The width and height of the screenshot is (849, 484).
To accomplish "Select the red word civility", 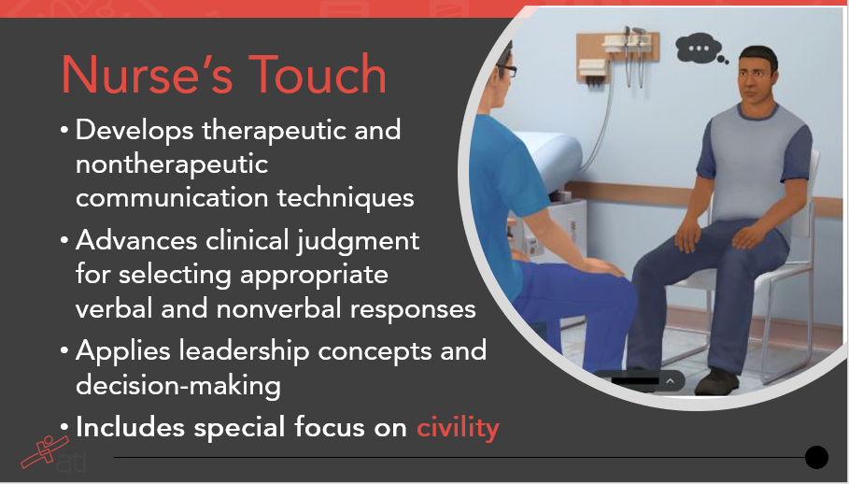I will coord(458,427).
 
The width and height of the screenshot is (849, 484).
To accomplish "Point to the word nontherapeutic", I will coord(172,164).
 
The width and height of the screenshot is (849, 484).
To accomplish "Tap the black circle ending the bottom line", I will coord(816,457).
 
